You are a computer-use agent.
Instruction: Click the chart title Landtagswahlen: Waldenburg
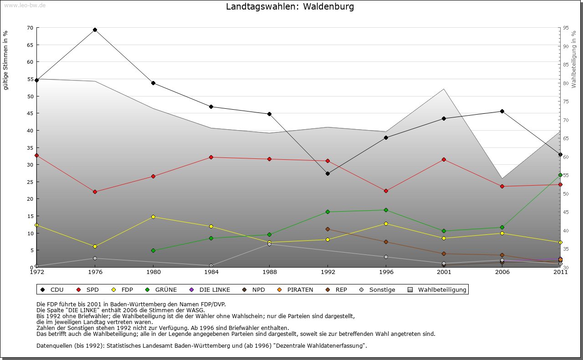click(x=290, y=7)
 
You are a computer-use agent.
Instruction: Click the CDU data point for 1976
click(x=95, y=30)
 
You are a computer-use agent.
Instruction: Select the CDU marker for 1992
click(x=327, y=173)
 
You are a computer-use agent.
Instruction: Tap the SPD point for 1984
click(x=211, y=157)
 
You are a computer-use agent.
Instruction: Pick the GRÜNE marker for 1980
click(x=153, y=250)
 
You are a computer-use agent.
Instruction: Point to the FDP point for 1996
click(x=386, y=223)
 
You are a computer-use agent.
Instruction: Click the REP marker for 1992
click(x=327, y=229)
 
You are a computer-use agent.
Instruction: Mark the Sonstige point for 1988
click(x=269, y=244)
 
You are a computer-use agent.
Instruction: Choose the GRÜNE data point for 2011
click(x=560, y=175)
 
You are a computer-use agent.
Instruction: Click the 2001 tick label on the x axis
click(x=444, y=272)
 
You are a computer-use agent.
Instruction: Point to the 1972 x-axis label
click(x=36, y=272)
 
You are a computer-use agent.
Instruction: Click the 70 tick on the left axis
click(x=30, y=28)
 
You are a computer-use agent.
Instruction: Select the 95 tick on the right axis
click(x=566, y=28)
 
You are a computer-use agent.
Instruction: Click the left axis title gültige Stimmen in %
click(x=6, y=60)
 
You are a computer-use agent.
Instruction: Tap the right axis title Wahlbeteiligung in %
click(x=574, y=59)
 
